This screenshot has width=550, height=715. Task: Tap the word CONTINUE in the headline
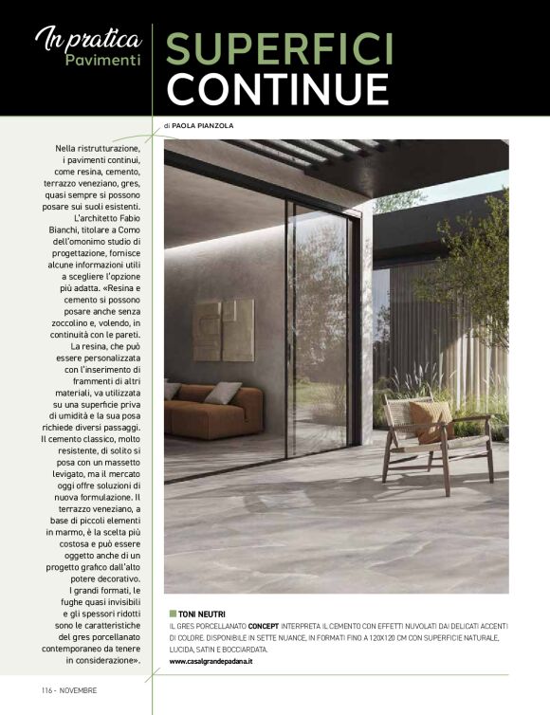[278, 87]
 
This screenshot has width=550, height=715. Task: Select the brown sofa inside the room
[211, 410]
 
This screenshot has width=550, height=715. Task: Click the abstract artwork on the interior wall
[223, 331]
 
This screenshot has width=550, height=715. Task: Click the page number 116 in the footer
[47, 689]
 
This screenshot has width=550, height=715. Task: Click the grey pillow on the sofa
[223, 392]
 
